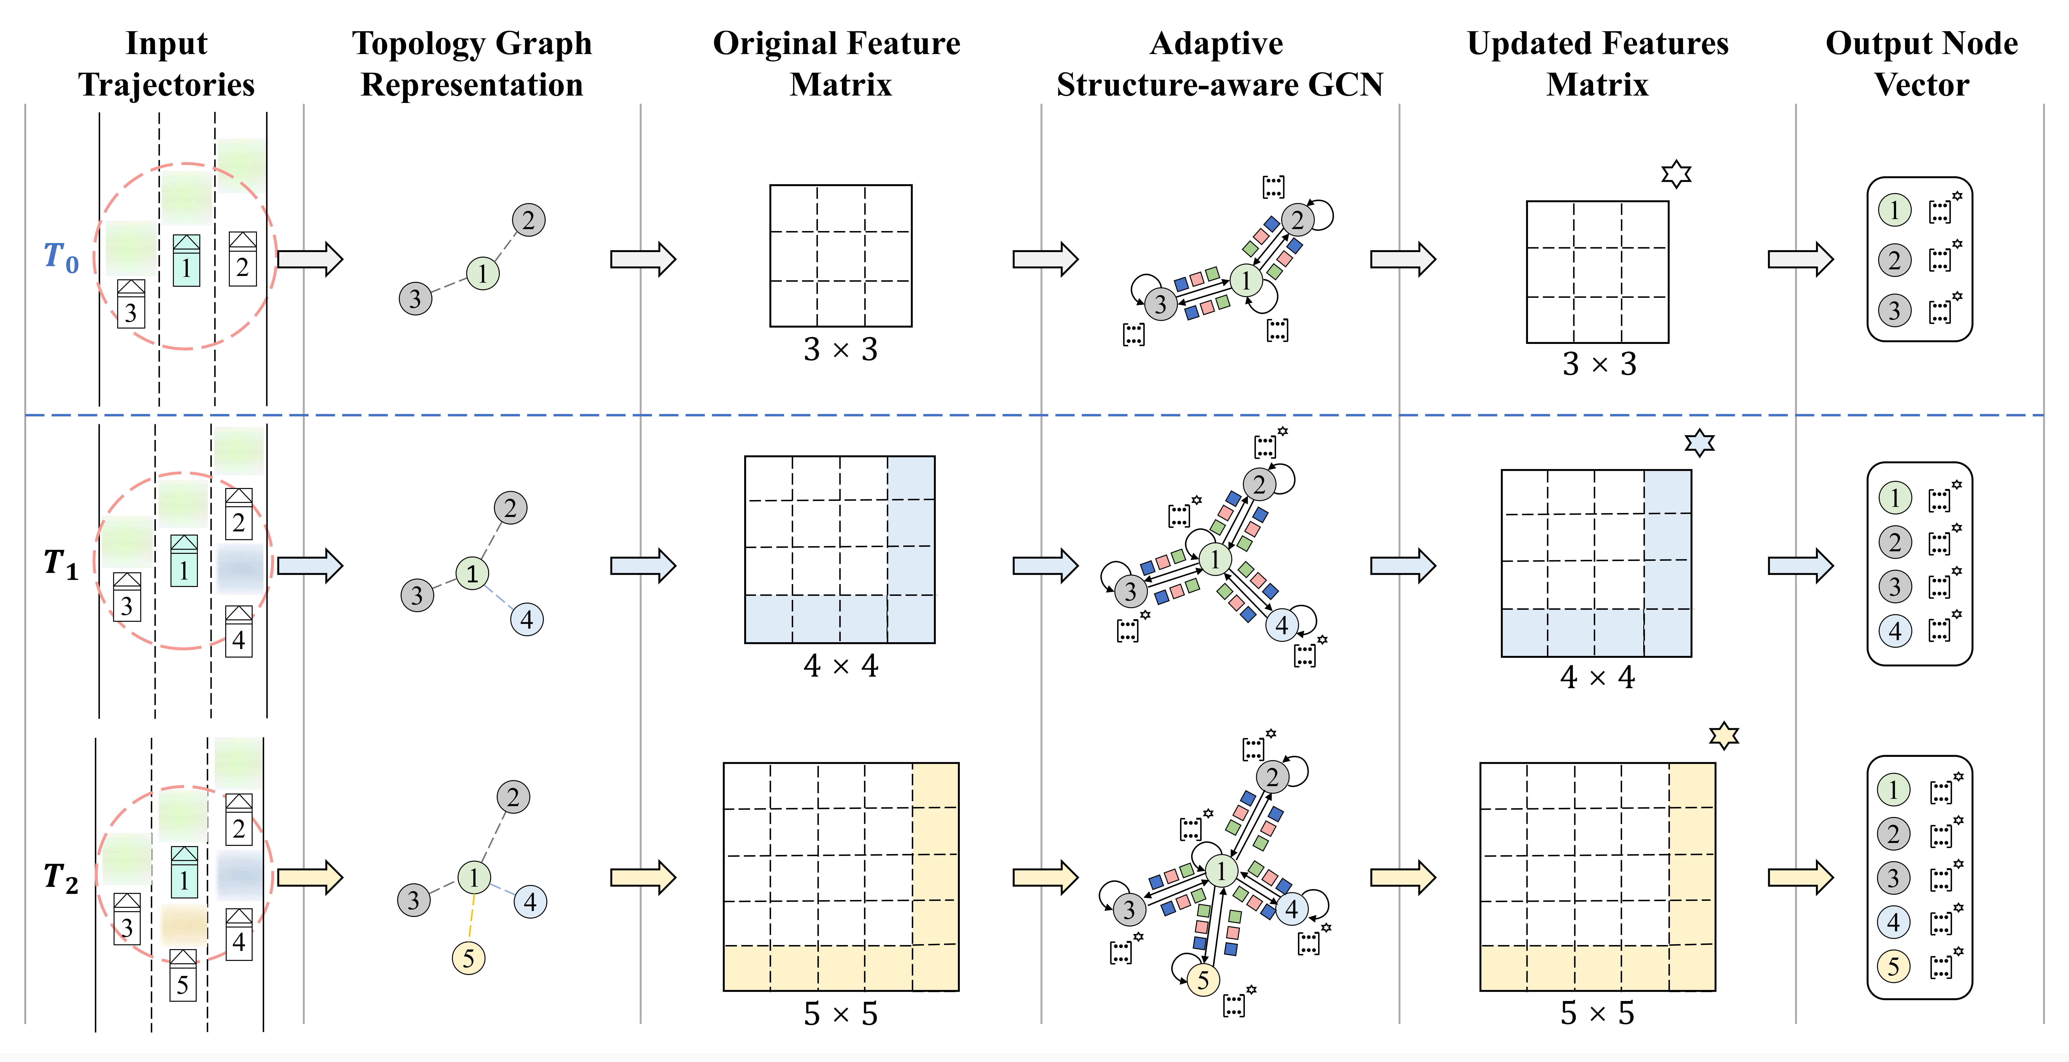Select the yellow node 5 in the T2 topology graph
pyautogui.click(x=468, y=958)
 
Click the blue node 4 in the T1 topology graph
pyautogui.click(x=527, y=619)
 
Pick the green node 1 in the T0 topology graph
pyautogui.click(x=483, y=273)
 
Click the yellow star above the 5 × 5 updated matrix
pyautogui.click(x=1724, y=735)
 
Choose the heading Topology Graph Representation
pyautogui.click(x=472, y=63)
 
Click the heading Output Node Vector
pyautogui.click(x=1921, y=63)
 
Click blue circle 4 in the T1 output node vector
pyautogui.click(x=1895, y=631)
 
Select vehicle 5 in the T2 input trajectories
pyautogui.click(x=183, y=975)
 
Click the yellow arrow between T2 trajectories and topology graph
pyautogui.click(x=310, y=877)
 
